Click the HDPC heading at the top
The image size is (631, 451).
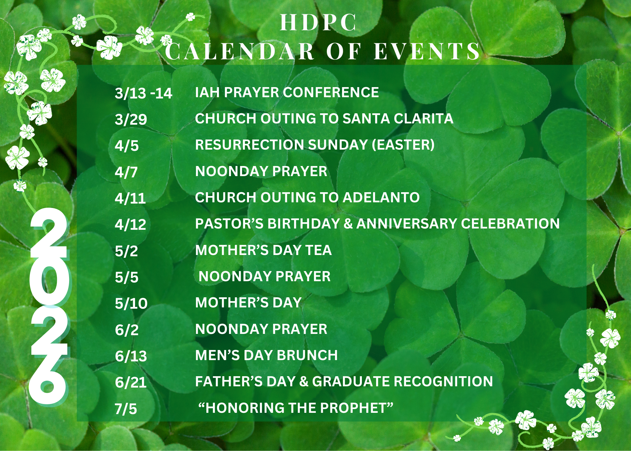(x=318, y=23)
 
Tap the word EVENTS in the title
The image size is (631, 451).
(x=427, y=51)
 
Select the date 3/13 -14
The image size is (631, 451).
(x=143, y=93)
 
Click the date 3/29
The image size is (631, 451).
(x=131, y=120)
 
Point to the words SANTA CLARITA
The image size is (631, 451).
(x=398, y=119)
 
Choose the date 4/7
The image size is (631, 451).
(x=126, y=172)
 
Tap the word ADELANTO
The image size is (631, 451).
(x=381, y=198)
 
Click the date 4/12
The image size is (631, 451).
(x=130, y=225)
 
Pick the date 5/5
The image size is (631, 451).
(x=127, y=277)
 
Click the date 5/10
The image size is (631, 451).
(x=131, y=304)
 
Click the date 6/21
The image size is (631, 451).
(x=131, y=383)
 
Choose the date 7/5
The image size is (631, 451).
(x=126, y=409)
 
